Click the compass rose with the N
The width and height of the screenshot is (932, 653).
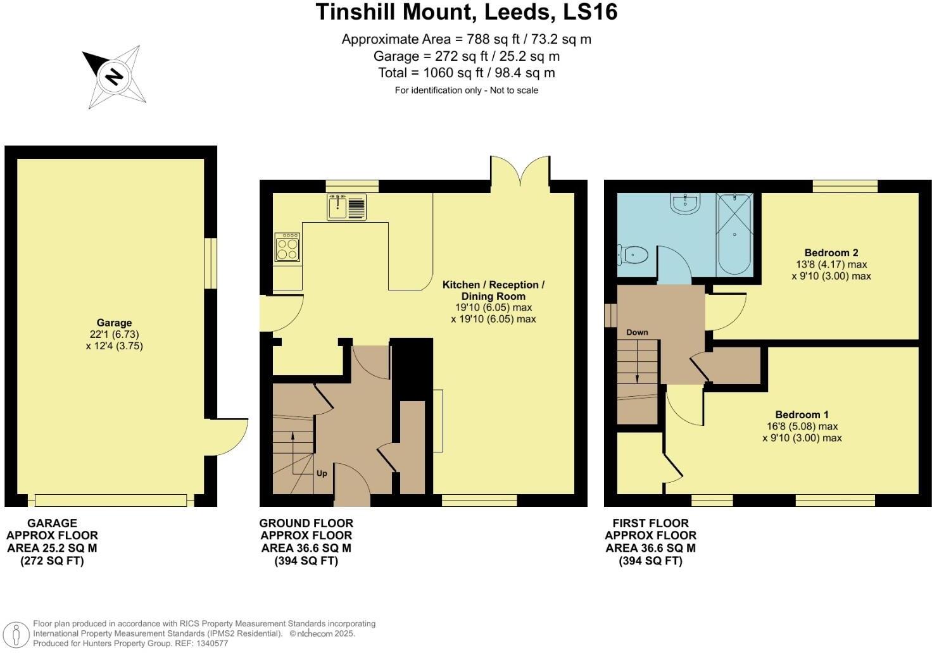pyautogui.click(x=115, y=77)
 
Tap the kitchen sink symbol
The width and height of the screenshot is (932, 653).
pyautogui.click(x=347, y=207)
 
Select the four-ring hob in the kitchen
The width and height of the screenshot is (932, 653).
pyautogui.click(x=287, y=247)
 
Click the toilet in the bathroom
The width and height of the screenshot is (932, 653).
pyautogui.click(x=633, y=256)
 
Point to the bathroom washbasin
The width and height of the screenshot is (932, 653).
pyautogui.click(x=685, y=204)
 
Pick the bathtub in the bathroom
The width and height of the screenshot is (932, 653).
pyautogui.click(x=734, y=234)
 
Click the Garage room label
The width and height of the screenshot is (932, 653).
pyautogui.click(x=114, y=323)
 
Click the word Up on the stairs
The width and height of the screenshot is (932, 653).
pyautogui.click(x=322, y=473)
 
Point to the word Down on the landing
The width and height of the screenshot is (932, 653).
pyautogui.click(x=637, y=332)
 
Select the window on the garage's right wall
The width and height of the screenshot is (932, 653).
pyautogui.click(x=211, y=264)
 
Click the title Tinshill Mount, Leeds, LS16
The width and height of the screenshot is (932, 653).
pyautogui.click(x=466, y=12)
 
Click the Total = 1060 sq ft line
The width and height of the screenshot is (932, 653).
pyautogui.click(x=466, y=73)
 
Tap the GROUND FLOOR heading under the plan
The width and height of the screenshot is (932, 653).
pyautogui.click(x=306, y=523)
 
